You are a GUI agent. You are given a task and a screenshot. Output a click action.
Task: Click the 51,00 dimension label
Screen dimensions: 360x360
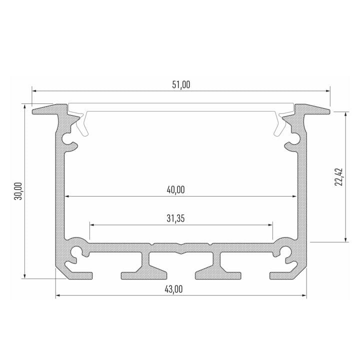181,84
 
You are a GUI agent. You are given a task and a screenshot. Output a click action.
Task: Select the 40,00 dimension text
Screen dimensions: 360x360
175,190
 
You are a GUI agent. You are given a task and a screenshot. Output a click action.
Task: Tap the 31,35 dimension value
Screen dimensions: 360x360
175,218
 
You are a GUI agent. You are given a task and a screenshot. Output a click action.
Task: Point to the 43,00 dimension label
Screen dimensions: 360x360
173,289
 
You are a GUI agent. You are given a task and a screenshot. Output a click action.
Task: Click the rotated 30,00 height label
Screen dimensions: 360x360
18,191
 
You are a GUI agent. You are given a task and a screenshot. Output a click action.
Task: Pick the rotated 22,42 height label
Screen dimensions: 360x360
339,177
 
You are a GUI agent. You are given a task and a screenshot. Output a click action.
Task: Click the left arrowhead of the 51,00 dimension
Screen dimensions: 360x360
34,91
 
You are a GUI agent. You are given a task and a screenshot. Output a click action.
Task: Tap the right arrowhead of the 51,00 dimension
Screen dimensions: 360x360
328,91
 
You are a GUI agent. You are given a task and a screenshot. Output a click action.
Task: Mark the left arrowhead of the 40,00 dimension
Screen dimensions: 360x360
67,196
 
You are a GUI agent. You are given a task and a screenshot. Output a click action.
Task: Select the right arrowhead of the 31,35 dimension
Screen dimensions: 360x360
270,225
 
